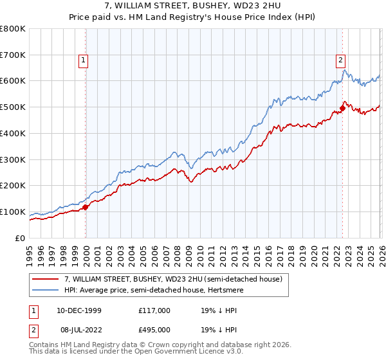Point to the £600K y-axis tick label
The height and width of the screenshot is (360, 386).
coord(13,81)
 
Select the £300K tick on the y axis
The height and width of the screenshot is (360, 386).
coord(13,159)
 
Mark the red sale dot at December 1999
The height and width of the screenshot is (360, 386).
coord(86,207)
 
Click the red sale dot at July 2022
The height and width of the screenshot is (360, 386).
coord(342,108)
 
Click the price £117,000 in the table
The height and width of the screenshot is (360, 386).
coord(154,310)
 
